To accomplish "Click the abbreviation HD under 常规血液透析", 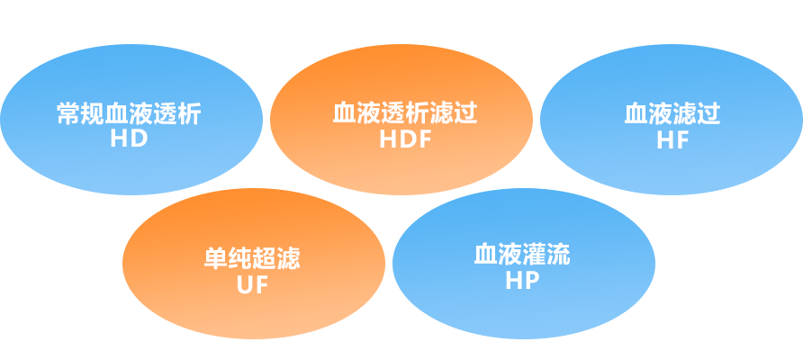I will coord(129,139).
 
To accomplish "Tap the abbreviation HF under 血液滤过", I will coord(672,139).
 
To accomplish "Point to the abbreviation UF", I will coord(252,285).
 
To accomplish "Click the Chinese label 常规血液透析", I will coord(129,114).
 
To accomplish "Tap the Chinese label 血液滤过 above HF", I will coord(672,114).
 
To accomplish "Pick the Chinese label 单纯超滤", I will coord(252,260).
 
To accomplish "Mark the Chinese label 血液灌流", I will coord(522,255).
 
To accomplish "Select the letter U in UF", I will coord(244,285).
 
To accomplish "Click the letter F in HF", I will coord(682,139).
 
